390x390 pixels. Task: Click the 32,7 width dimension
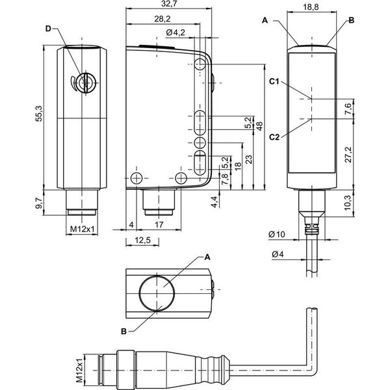point(168,4)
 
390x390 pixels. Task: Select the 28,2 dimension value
point(162,19)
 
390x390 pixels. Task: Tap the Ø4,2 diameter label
point(175,32)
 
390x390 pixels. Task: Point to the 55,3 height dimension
point(39,114)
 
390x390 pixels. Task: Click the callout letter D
point(48,29)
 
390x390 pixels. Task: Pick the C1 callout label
point(274,81)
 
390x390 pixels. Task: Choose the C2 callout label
point(274,136)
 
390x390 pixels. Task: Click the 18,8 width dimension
point(311,7)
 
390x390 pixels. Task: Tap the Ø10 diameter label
point(277,234)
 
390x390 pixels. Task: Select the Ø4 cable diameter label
point(278,254)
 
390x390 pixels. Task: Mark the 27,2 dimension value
point(348,155)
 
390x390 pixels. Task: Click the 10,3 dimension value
point(348,202)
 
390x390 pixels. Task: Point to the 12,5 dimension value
point(142,240)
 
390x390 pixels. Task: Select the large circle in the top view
point(157,293)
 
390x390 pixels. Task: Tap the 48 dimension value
point(259,126)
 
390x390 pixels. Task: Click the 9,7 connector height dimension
point(39,203)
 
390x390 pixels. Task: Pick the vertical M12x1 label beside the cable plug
point(79,370)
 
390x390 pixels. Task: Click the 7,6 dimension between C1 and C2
point(348,109)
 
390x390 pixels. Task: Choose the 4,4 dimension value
point(214,201)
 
